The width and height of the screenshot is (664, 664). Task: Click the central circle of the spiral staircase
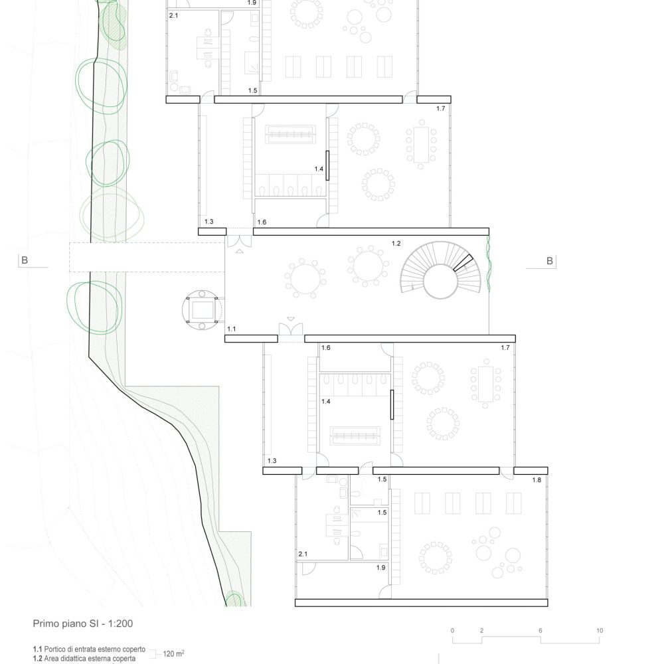[x=440, y=282]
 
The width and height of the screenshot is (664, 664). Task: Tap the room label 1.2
[x=396, y=244]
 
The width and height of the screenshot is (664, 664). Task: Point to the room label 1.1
[x=231, y=329]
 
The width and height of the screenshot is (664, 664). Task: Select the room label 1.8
[x=537, y=480]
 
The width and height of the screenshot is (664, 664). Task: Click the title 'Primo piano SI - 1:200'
[x=83, y=623]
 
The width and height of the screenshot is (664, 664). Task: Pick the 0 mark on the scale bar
[x=452, y=631]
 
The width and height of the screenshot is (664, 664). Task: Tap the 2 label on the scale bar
[x=481, y=631]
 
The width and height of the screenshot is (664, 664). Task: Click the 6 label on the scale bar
[x=540, y=631]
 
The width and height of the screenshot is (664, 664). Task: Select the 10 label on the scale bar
[x=600, y=631]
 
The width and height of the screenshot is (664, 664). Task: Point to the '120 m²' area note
[x=173, y=653]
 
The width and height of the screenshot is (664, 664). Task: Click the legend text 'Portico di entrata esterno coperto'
[x=95, y=649]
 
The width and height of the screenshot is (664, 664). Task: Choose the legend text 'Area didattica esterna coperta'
[x=90, y=659]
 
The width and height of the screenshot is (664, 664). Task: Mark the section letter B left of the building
[x=25, y=260]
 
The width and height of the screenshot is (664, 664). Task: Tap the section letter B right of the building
[x=550, y=261]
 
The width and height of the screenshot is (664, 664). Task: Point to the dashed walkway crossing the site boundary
[x=147, y=257]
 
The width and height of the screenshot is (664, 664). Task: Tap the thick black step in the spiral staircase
[x=463, y=262]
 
